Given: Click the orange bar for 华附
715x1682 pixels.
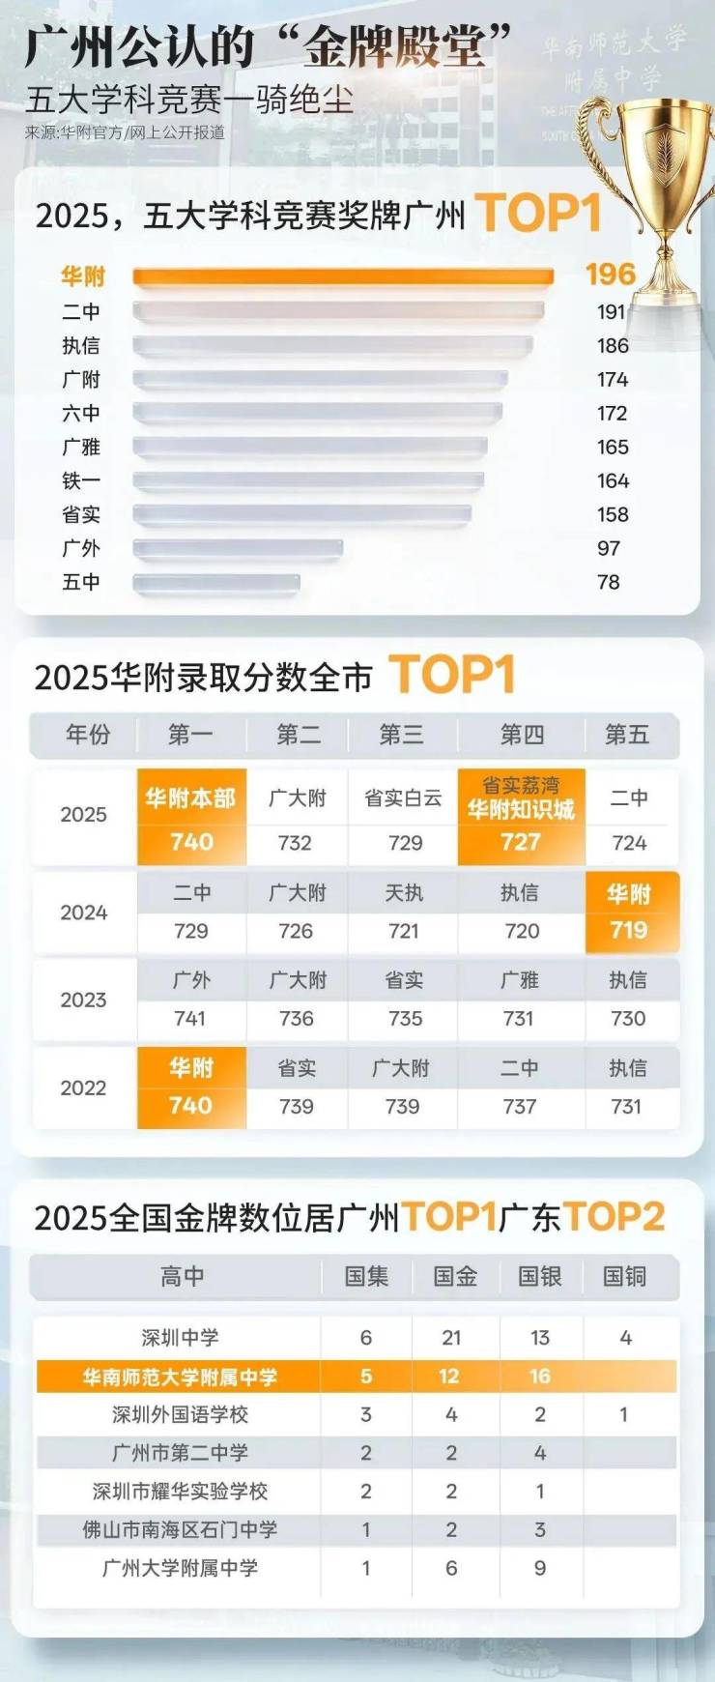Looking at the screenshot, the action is (343, 277).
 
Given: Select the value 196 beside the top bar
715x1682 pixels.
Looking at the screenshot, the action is (611, 275).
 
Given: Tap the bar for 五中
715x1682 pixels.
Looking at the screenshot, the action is (216, 583).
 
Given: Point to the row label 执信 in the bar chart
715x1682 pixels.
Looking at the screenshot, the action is (81, 346).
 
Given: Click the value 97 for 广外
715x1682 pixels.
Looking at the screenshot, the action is (609, 549).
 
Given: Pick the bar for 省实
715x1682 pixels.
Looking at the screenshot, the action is (301, 515).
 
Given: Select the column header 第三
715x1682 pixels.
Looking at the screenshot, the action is (401, 735).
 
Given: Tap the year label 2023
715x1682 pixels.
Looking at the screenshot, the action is (83, 1000).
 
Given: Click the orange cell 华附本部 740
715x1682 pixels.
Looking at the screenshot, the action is (191, 817).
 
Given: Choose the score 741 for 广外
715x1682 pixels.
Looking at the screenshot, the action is (190, 1019).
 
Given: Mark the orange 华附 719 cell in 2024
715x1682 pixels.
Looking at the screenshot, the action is (629, 913).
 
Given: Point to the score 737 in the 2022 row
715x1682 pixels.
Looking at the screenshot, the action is (520, 1107).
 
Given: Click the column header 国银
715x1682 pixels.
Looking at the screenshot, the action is (540, 1277).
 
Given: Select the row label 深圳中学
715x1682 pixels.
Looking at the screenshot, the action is (180, 1338).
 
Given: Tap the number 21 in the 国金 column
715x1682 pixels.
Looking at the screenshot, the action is (451, 1338).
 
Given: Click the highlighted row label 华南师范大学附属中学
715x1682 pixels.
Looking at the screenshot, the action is (180, 1377).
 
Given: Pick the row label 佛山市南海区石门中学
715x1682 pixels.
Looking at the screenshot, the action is (180, 1530).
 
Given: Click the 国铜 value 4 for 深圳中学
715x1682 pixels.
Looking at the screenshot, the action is (626, 1338).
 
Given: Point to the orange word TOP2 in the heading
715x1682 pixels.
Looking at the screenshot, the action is (614, 1217).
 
